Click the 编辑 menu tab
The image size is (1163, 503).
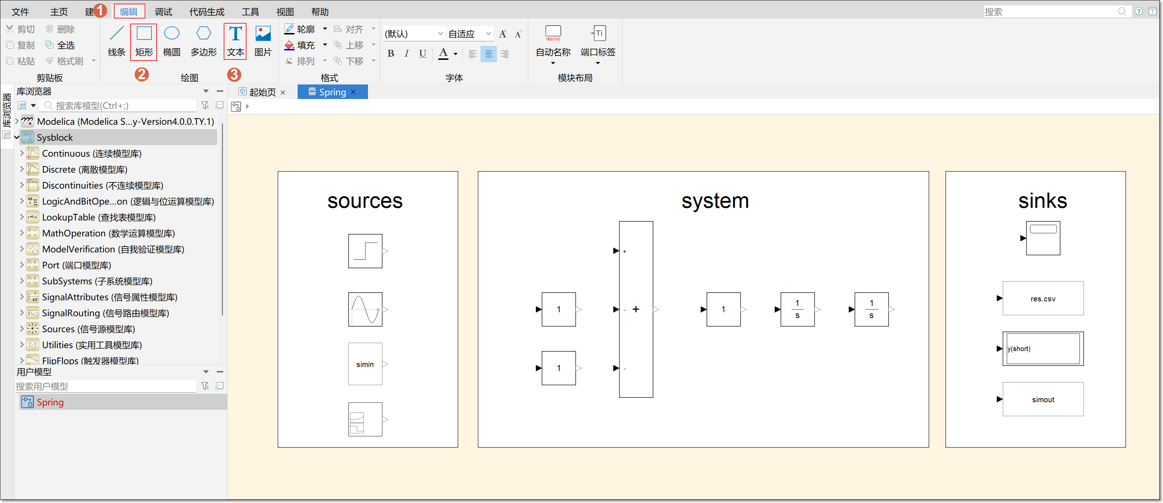(129, 11)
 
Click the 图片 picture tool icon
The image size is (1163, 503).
(263, 33)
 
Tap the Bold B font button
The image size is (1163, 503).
(391, 54)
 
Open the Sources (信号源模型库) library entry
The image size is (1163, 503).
(88, 329)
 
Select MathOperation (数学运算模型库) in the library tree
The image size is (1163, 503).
(108, 233)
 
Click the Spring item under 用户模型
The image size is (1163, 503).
(50, 402)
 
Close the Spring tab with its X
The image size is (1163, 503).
(353, 92)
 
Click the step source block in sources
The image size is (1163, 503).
(365, 251)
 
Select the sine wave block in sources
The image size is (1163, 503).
(365, 309)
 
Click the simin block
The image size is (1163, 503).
(365, 364)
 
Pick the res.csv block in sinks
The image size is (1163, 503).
(1043, 298)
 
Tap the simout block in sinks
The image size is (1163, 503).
(1043, 399)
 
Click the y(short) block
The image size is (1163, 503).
(1043, 349)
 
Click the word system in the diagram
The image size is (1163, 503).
(715, 201)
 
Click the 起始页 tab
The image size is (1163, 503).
(262, 92)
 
